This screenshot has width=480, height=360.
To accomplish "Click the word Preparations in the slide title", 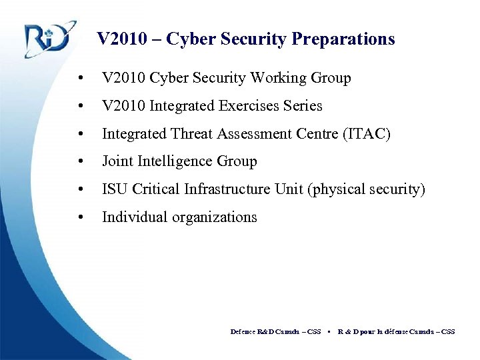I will pyautogui.click(x=343, y=39).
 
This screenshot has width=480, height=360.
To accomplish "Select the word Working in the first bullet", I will pyautogui.click(x=279, y=78).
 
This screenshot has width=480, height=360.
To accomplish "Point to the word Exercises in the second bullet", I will pyautogui.click(x=247, y=106).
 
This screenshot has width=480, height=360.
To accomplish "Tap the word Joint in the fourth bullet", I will pyautogui.click(x=116, y=161).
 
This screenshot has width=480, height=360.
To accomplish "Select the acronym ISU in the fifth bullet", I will pyautogui.click(x=115, y=189).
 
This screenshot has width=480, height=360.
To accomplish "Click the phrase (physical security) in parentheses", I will pyautogui.click(x=366, y=189).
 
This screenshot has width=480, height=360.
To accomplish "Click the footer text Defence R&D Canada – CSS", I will pyautogui.click(x=275, y=331).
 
